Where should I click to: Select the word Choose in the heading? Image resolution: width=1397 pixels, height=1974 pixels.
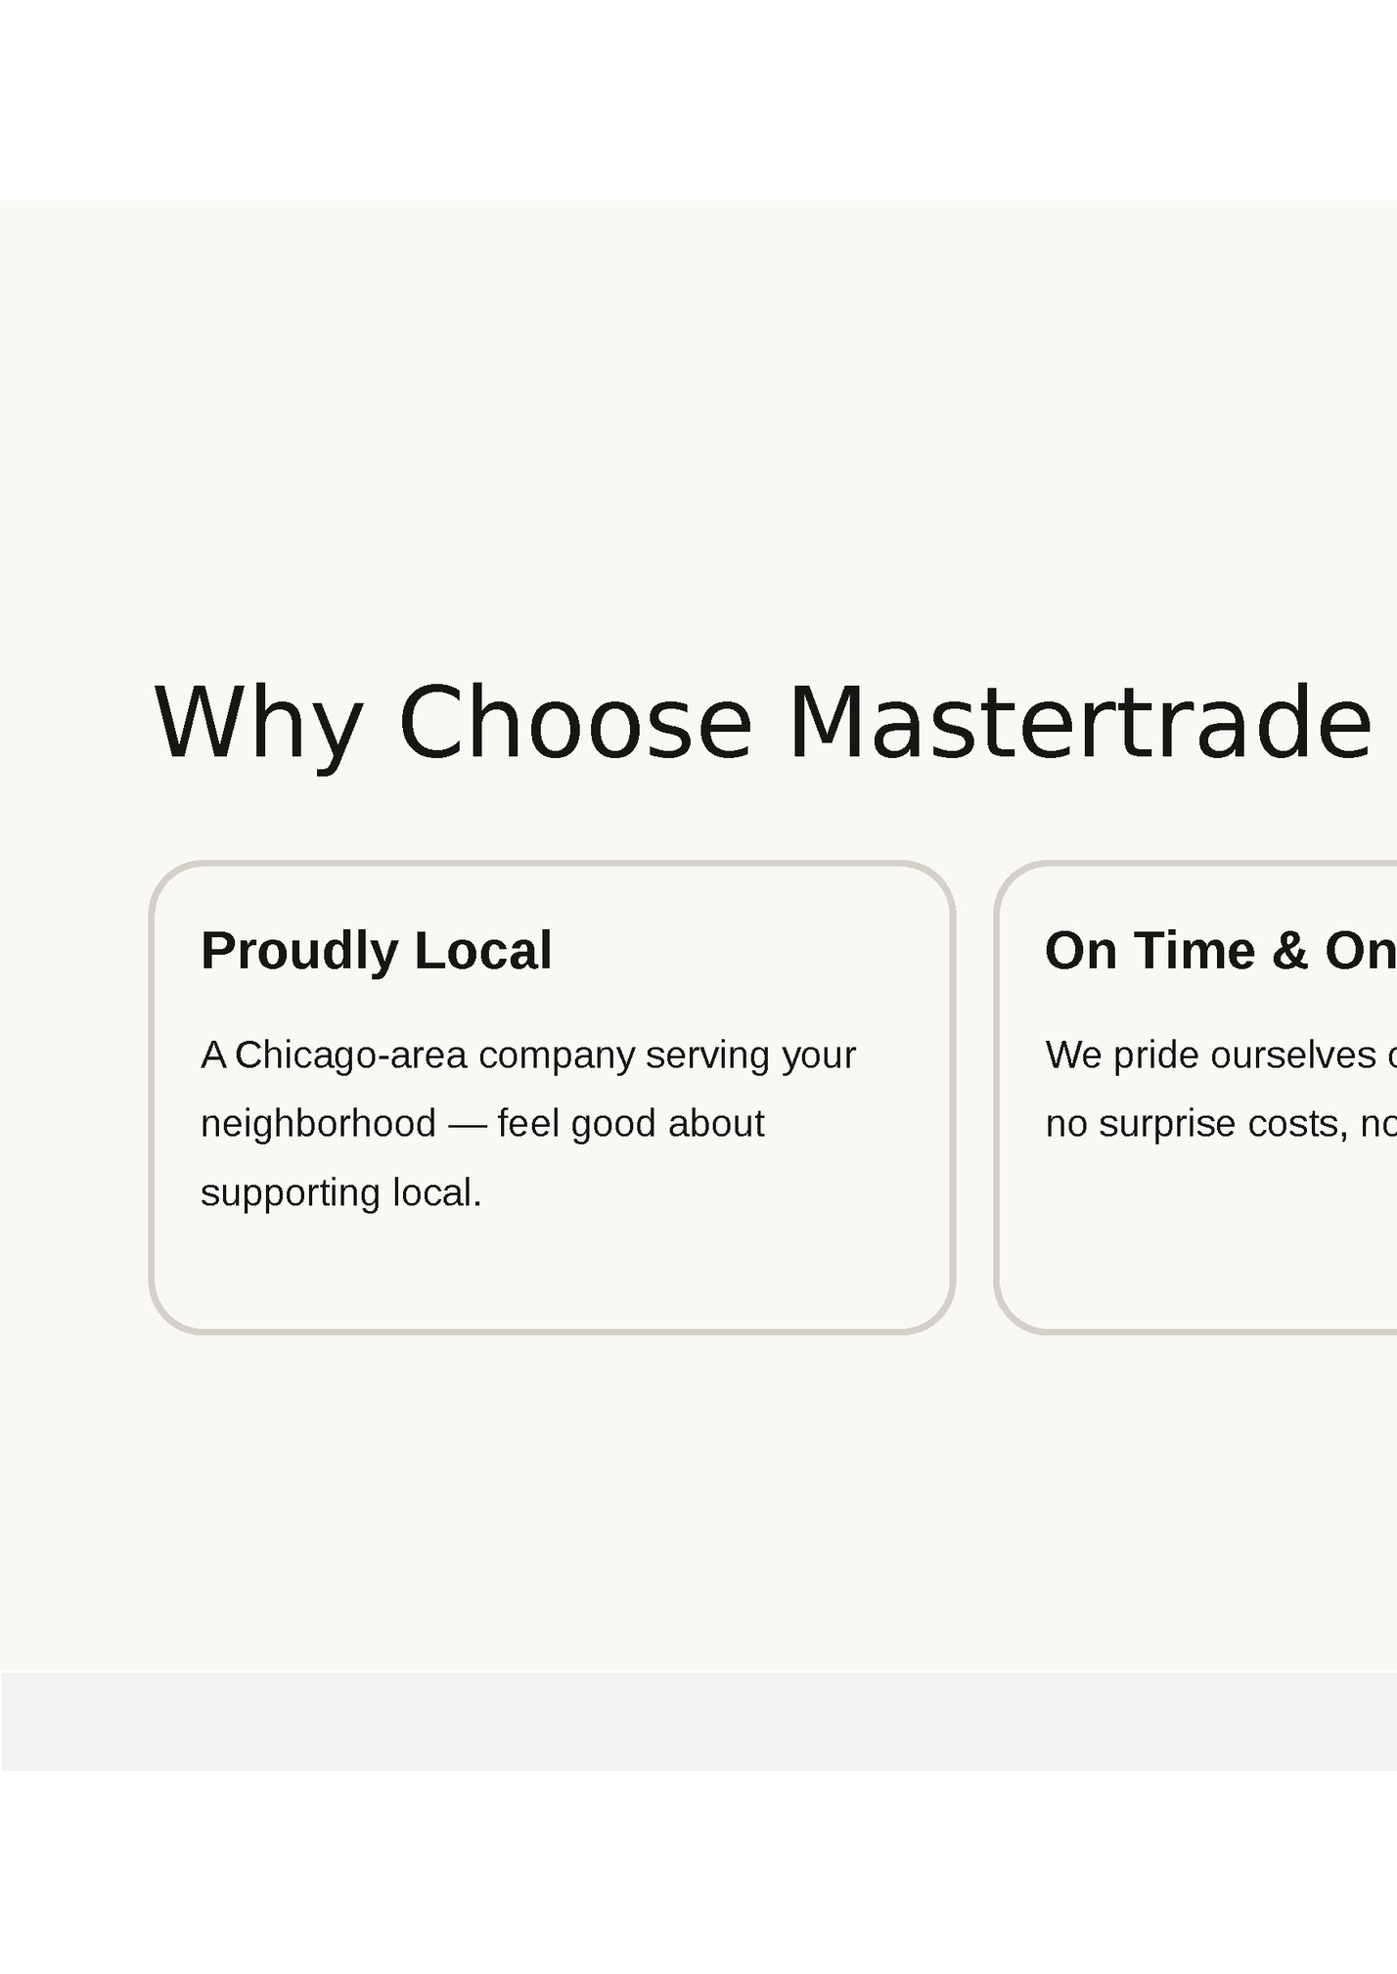pos(575,724)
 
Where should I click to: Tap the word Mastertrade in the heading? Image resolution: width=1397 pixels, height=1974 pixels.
pos(1080,724)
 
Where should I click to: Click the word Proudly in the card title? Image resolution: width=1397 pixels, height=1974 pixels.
pos(299,951)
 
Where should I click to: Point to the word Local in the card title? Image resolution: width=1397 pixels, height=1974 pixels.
pos(483,951)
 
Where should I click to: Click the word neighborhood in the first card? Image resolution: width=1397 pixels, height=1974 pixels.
pos(318,1124)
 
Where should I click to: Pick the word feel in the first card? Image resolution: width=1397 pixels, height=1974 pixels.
pos(528,1124)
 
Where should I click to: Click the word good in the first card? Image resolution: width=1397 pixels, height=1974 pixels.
pos(613,1124)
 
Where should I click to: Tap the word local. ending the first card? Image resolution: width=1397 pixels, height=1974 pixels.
pos(436,1193)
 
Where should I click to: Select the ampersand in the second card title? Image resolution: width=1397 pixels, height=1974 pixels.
pos(1290,951)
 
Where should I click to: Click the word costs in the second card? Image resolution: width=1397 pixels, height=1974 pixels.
pos(1296,1124)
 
